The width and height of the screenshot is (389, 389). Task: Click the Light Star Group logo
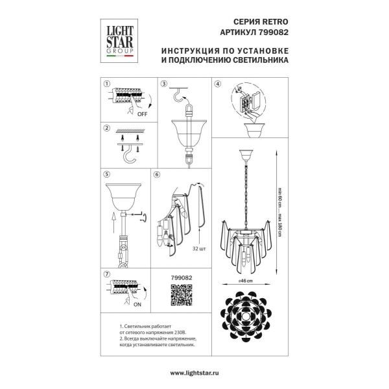pyautogui.click(x=119, y=41)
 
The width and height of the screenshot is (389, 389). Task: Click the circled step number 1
pyautogui.click(x=107, y=84)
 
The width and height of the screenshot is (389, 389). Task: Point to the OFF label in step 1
pyautogui.click(x=142, y=114)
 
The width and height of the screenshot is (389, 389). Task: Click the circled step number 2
pyautogui.click(x=107, y=128)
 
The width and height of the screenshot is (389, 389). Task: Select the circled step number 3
pyautogui.click(x=164, y=84)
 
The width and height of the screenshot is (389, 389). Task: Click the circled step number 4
pyautogui.click(x=218, y=84)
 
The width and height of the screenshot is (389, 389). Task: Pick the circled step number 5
pyautogui.click(x=107, y=174)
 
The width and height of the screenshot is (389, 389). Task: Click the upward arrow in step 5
pyautogui.click(x=113, y=222)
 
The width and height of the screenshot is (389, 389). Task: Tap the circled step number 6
pyautogui.click(x=157, y=174)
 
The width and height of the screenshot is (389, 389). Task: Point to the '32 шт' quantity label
pyautogui.click(x=199, y=248)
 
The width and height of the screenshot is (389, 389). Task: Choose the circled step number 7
pyautogui.click(x=107, y=274)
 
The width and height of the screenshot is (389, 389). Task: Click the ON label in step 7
pyautogui.click(x=137, y=305)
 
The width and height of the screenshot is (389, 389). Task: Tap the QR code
pyautogui.click(x=182, y=295)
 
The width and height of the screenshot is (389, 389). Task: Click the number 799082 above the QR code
pyautogui.click(x=182, y=278)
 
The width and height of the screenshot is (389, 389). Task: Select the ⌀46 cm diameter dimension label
pyautogui.click(x=245, y=281)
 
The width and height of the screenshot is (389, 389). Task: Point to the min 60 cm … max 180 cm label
pyautogui.click(x=279, y=212)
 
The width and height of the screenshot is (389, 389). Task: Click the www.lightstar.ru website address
pyautogui.click(x=194, y=373)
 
